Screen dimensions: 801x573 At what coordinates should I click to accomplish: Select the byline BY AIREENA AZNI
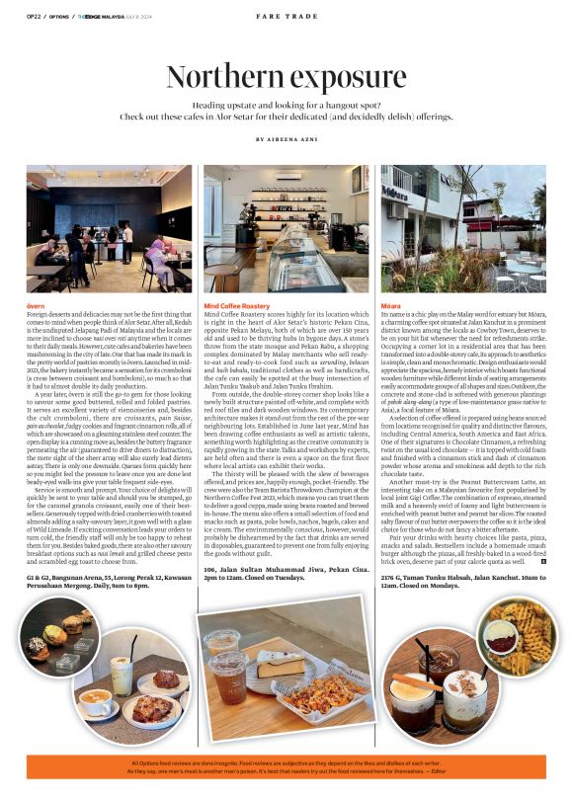286,140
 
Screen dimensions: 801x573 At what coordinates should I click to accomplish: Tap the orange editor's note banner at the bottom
286,768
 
